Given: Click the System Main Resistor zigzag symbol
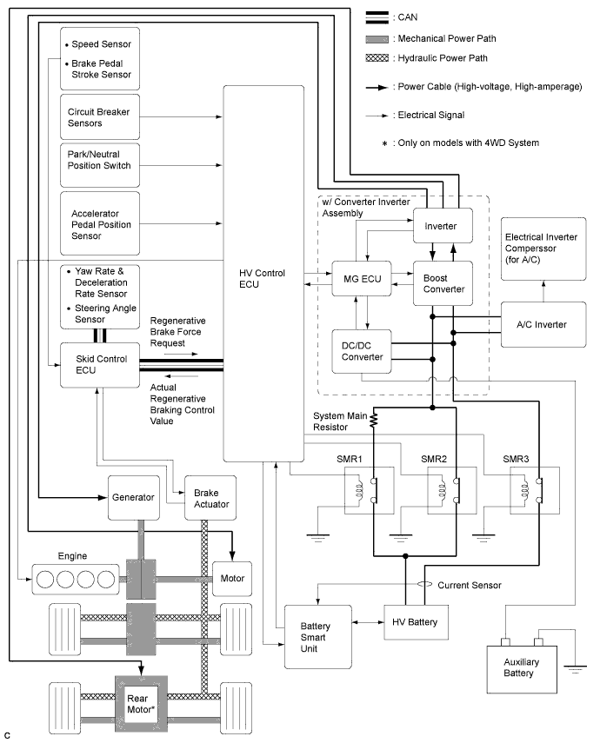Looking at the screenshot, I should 373,421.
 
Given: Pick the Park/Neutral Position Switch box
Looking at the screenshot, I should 98,165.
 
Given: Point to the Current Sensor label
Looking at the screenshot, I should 470,585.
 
